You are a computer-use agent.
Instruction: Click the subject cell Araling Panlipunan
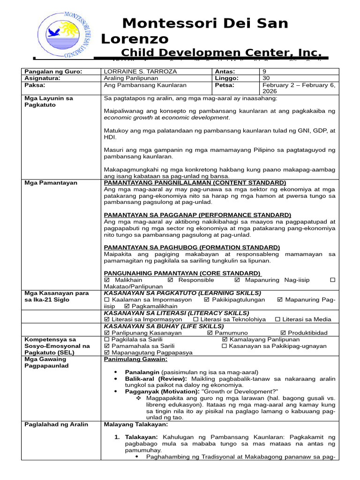pyautogui.click(x=132, y=78)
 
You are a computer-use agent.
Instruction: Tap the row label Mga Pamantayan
pyautogui.click(x=51, y=182)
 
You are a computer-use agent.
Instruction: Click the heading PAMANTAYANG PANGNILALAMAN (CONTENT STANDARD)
pyautogui.click(x=195, y=182)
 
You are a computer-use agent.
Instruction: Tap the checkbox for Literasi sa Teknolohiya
pyautogui.click(x=195, y=319)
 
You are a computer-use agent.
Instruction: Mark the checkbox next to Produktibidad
pyautogui.click(x=283, y=333)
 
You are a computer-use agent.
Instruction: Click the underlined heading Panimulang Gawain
pyautogui.click(x=135, y=359)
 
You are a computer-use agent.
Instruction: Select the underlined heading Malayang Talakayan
pyautogui.click(x=135, y=424)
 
